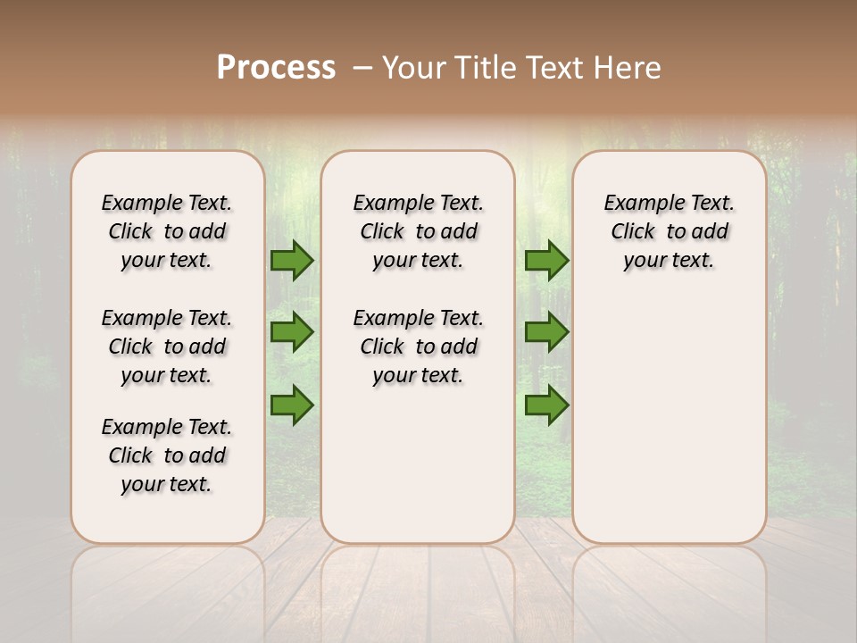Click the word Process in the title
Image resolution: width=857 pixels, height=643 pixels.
coord(276,67)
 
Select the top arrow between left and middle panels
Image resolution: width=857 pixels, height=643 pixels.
coord(291,260)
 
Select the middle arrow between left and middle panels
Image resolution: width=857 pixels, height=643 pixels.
coord(291,332)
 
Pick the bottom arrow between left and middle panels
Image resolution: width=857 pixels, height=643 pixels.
coord(291,405)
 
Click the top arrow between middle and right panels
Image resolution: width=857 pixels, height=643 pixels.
coord(546,260)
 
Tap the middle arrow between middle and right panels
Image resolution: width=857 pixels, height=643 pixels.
coord(546,332)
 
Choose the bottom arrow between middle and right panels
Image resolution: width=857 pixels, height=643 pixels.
coord(546,405)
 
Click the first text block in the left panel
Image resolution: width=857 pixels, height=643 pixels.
coord(167,231)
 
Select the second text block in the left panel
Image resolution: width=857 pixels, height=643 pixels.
coord(167,347)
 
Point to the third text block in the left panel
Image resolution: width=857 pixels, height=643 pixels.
coord(167,455)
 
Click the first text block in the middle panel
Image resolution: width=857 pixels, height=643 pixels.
coord(418,231)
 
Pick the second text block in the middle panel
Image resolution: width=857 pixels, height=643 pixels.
coord(418,347)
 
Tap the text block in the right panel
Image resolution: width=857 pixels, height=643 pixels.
coord(669,231)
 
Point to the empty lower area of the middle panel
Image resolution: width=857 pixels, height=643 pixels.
coord(418,464)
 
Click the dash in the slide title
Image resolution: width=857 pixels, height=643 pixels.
coord(362,67)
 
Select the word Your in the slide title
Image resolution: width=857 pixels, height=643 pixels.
coord(413,67)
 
